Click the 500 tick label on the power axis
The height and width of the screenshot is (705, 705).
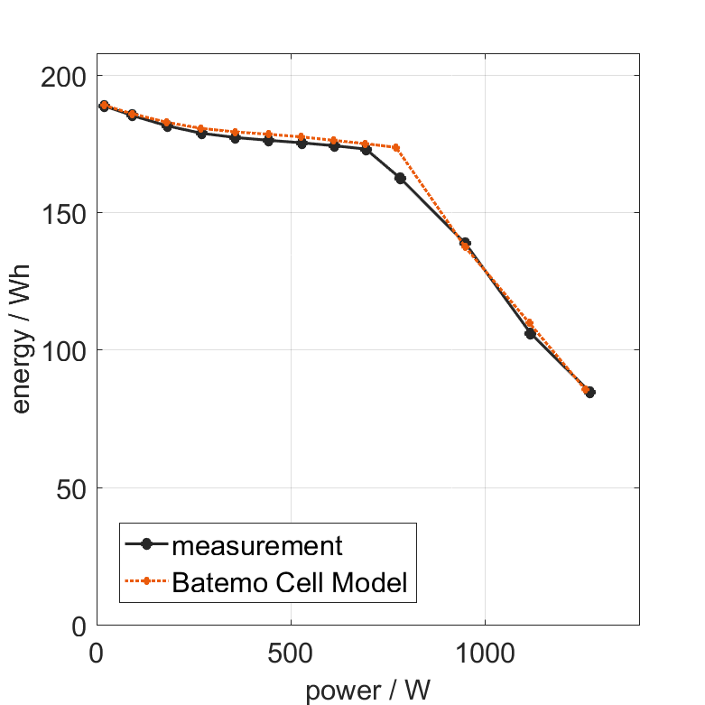tap(291, 653)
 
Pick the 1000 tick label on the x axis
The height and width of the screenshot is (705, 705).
tap(485, 653)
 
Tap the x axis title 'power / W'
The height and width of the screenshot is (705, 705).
tap(367, 691)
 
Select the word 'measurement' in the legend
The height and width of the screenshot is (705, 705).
tap(257, 546)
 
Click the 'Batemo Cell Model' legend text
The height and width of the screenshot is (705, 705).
tap(290, 582)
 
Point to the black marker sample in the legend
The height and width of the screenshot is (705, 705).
tap(147, 546)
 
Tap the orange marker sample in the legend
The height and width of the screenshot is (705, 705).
tap(147, 582)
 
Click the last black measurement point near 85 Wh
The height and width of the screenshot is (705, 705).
tap(589, 393)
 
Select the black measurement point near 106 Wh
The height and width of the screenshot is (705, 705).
tap(530, 333)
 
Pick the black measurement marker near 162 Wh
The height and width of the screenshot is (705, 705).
tap(400, 178)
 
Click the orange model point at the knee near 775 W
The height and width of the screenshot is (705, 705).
tap(396, 147)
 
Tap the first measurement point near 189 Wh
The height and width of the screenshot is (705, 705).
tap(104, 106)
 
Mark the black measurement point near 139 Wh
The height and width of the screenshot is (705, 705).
tap(465, 243)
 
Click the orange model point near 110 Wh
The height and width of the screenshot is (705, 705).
tap(529, 323)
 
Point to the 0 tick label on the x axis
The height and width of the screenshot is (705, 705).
tap(97, 653)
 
